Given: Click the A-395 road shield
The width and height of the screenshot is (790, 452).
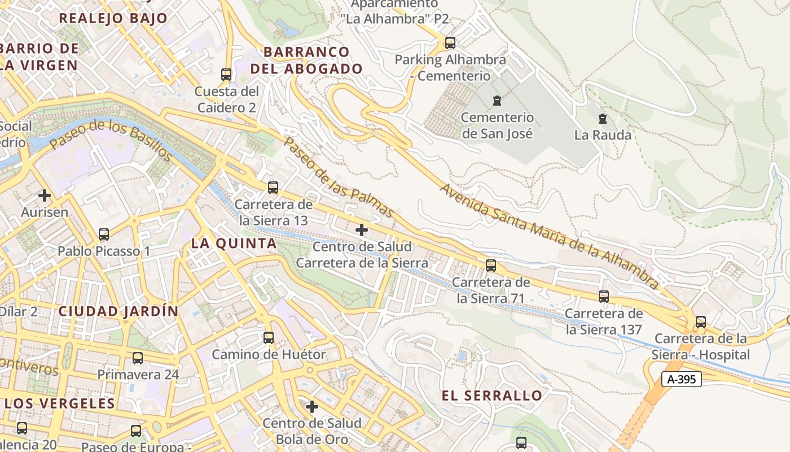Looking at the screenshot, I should pos(681,380).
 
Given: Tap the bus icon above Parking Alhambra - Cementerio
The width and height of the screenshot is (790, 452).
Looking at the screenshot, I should pos(450,42).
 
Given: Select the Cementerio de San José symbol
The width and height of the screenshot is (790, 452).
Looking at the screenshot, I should pos(497,101).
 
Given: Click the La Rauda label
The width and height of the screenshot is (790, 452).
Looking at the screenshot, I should pos(603,135).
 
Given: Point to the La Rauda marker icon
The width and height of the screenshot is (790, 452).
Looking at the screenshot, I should pos(603,119).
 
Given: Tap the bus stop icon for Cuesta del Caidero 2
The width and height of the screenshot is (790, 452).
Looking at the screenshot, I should pos(226,74).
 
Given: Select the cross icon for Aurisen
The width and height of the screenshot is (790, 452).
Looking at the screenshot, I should pos(45,196).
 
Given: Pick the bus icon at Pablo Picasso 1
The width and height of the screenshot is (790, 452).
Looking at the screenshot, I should pos(104,234).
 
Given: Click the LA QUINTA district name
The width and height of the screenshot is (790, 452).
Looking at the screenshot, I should pos(234,244).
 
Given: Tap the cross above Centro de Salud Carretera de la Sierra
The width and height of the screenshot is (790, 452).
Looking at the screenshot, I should pos(362,230).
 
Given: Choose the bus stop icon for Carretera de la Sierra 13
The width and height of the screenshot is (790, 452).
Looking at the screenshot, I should pos(273,187).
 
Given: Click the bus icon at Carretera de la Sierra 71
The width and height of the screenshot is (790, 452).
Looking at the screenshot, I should pos(491,265).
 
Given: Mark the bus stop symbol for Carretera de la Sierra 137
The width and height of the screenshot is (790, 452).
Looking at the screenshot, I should pos(604,296).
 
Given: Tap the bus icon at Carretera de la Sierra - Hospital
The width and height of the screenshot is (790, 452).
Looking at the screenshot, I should pos(701,322).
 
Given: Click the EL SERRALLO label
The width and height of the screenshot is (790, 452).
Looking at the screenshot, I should pos(492,395).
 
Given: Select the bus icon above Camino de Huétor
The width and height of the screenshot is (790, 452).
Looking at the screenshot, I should pos(269,338).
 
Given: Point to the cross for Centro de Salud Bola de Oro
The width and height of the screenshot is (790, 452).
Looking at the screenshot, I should pos(312,407).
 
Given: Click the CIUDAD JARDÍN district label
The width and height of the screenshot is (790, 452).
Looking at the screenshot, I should pos(118,311).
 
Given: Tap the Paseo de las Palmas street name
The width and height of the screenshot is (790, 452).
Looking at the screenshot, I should pos(339,177).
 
